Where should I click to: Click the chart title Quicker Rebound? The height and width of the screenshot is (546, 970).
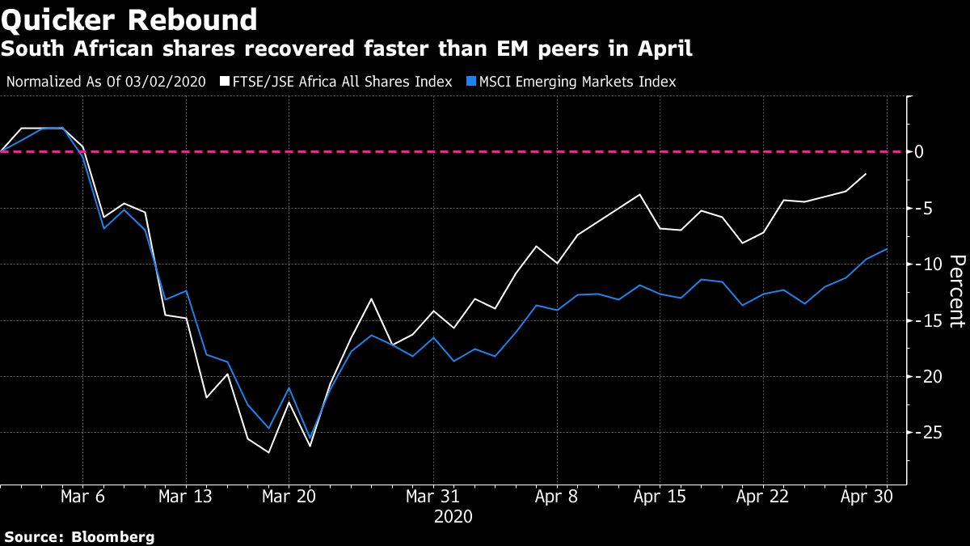(129, 19)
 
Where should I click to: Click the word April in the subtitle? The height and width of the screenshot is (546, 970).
(666, 49)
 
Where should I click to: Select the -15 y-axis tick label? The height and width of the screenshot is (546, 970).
(924, 320)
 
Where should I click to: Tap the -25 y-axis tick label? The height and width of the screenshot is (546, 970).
(924, 433)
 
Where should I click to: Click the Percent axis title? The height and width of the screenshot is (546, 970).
(956, 291)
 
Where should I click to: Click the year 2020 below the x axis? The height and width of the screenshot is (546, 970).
(453, 516)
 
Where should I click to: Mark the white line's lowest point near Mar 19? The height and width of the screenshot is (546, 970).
(268, 452)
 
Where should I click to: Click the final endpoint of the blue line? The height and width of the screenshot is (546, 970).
(888, 249)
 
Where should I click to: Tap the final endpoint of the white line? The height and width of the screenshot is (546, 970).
(867, 174)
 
